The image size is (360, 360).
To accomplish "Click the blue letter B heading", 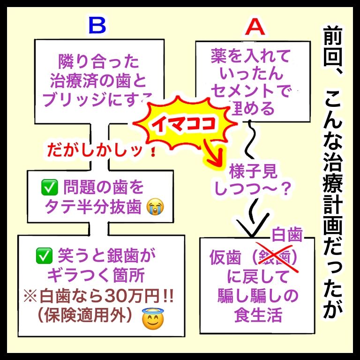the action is (x=97, y=26).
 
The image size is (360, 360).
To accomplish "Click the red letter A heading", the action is (x=255, y=28).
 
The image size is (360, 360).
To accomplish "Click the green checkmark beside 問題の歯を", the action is (x=49, y=187).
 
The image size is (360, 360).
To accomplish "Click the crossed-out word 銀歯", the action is (x=274, y=258).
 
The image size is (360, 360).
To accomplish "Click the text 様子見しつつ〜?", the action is (x=254, y=180).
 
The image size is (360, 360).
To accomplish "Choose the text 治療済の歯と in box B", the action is (x=98, y=79).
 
